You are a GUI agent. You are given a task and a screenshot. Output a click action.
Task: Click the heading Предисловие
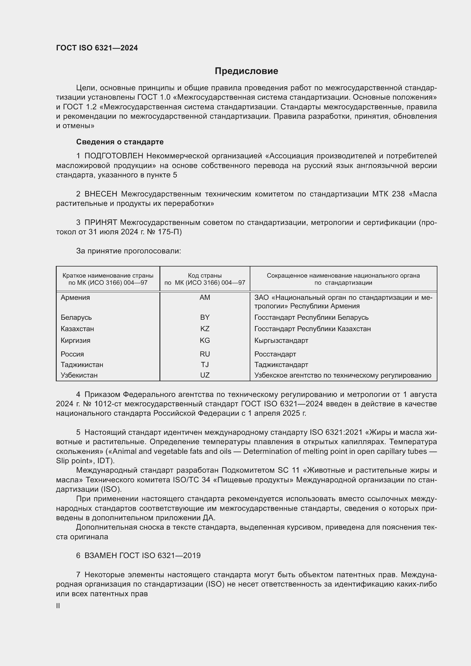[x=246, y=71]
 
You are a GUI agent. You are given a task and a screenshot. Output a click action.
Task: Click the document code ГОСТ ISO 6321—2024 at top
[x=97, y=48]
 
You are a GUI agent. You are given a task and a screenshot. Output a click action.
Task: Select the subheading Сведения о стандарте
[x=120, y=142]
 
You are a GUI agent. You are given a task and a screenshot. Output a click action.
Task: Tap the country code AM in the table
[x=205, y=298]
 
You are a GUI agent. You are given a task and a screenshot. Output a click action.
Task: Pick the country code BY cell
[x=205, y=317]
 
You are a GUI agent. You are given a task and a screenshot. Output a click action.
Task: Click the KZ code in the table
[x=205, y=329]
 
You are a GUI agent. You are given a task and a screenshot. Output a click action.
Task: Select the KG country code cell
[x=205, y=341]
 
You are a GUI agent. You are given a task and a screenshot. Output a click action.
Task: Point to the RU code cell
[x=205, y=354]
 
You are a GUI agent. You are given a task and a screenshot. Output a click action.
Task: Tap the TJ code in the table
[x=205, y=365]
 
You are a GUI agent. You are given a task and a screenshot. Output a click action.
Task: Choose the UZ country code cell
[x=205, y=375]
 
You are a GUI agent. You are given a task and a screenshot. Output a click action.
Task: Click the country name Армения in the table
[x=75, y=298]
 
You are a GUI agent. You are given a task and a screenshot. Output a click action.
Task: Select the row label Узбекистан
[x=79, y=375]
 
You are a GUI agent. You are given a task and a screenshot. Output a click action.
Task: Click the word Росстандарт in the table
[x=275, y=354]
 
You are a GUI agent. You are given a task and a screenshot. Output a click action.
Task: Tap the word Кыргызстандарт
[x=281, y=341]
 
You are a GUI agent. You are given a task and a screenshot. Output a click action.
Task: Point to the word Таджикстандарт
[x=281, y=365]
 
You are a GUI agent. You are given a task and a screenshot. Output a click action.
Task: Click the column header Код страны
[x=205, y=276]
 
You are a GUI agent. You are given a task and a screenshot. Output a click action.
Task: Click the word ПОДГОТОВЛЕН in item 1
[x=114, y=156]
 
